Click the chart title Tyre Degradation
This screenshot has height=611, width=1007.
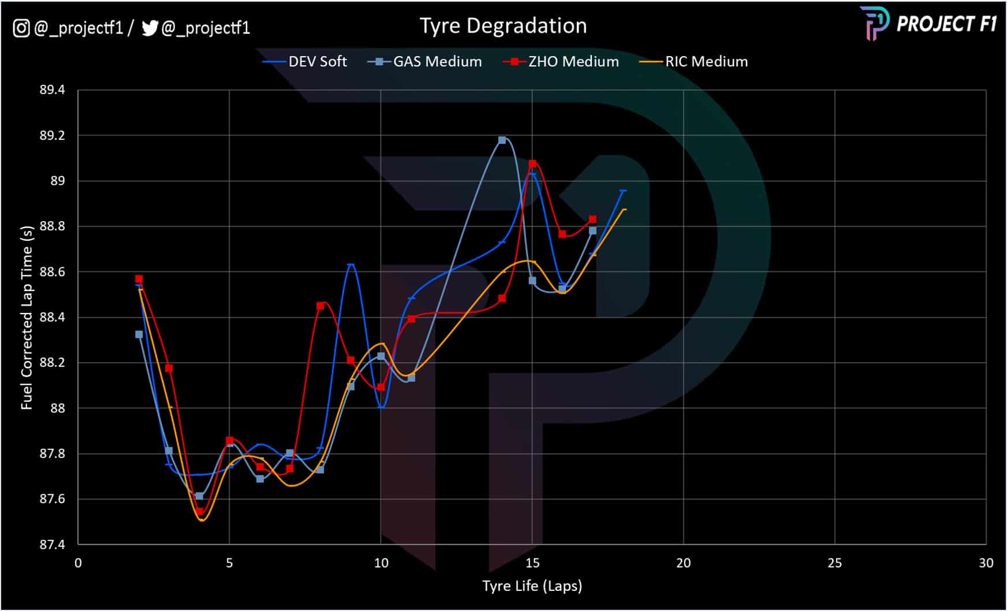(503, 26)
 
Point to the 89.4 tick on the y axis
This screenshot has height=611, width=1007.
(52, 90)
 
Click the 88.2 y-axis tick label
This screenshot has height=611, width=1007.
(52, 363)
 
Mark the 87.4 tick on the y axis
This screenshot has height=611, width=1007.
(52, 545)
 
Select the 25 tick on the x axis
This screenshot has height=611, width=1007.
(834, 563)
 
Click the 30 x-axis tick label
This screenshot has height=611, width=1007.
(986, 563)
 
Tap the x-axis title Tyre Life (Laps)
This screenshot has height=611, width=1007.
(532, 586)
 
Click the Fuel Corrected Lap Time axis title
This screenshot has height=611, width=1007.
(27, 318)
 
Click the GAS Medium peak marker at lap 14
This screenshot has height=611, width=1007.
(502, 140)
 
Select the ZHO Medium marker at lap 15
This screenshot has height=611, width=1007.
(532, 164)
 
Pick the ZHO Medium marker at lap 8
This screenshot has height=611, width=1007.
(320, 306)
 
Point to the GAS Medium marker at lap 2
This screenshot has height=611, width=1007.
(139, 334)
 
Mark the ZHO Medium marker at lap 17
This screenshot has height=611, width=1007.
(592, 219)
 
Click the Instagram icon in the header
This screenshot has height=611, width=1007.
(21, 28)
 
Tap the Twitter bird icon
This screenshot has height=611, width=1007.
(150, 28)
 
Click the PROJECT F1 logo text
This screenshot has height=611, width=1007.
(946, 24)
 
